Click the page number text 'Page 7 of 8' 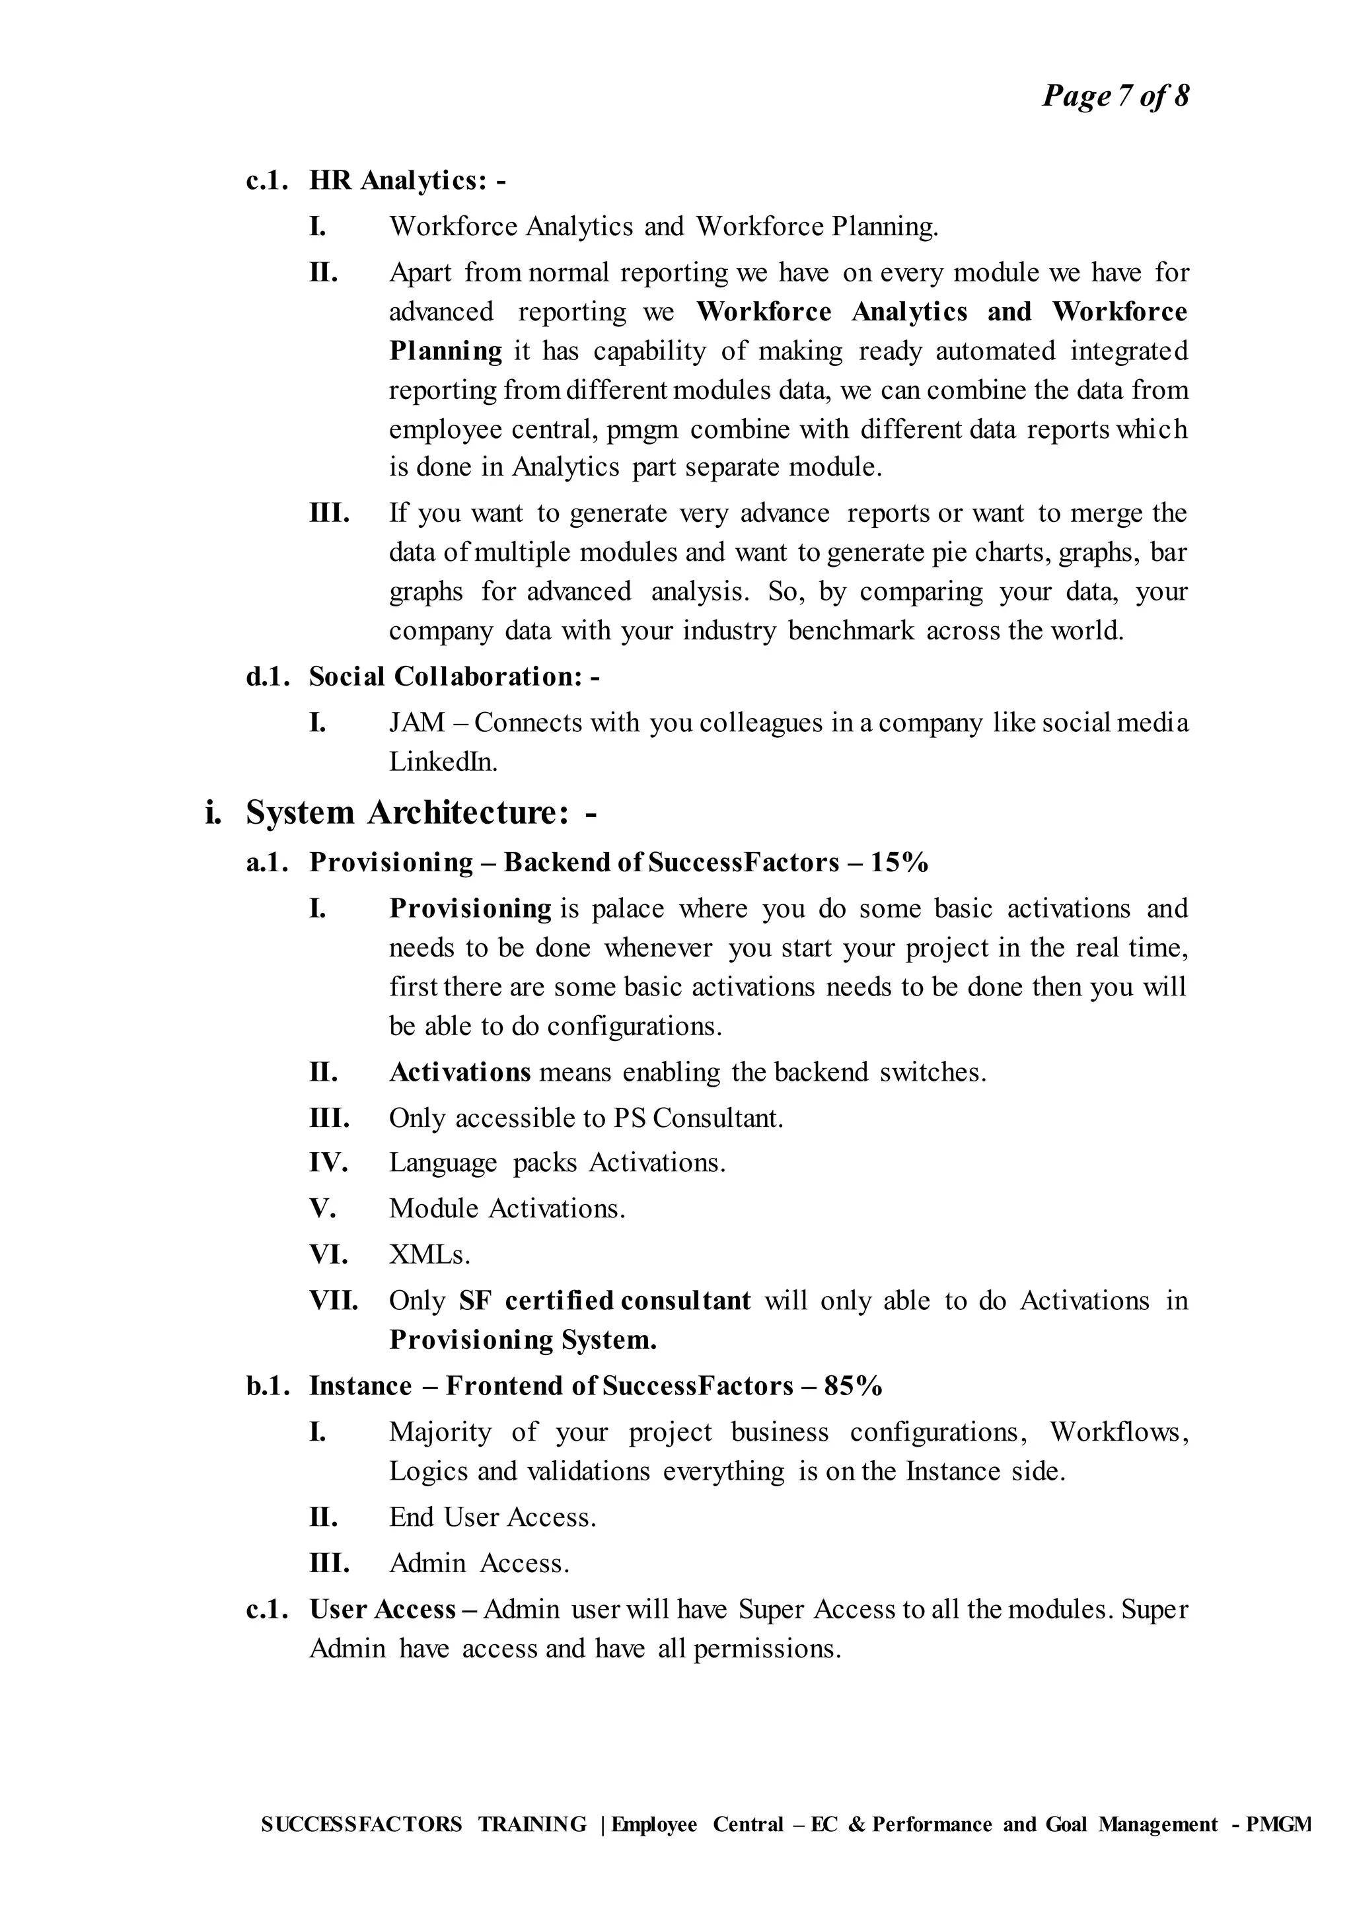pos(1115,96)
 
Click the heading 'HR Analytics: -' pos(406,180)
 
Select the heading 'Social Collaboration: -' pos(454,676)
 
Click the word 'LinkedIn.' pos(443,762)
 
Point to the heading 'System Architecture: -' pos(421,812)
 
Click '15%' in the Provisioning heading pos(899,862)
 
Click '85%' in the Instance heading pos(852,1386)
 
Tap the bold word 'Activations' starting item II pos(460,1071)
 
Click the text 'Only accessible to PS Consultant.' pos(586,1117)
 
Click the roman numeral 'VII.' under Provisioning pos(333,1301)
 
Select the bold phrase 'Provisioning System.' pos(523,1340)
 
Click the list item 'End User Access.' pos(492,1517)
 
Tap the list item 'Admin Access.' pos(479,1562)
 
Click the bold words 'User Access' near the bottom pos(383,1609)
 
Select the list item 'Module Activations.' pos(507,1208)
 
